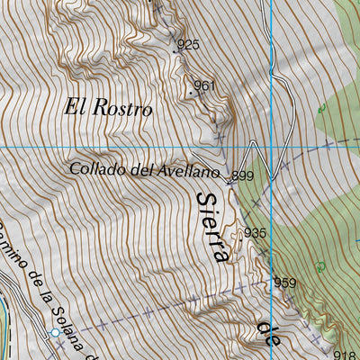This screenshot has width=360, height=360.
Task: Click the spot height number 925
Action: click(x=188, y=44)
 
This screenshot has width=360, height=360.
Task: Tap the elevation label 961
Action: click(x=205, y=86)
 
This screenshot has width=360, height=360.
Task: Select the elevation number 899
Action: click(x=243, y=175)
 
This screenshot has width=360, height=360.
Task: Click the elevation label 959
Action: click(x=284, y=283)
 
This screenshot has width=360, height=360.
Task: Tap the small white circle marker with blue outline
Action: click(x=55, y=333)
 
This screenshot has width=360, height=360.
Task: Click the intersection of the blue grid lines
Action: click(x=271, y=145)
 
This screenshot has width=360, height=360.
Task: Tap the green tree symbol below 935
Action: click(x=320, y=266)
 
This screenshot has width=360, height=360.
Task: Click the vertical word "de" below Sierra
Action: click(x=266, y=324)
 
